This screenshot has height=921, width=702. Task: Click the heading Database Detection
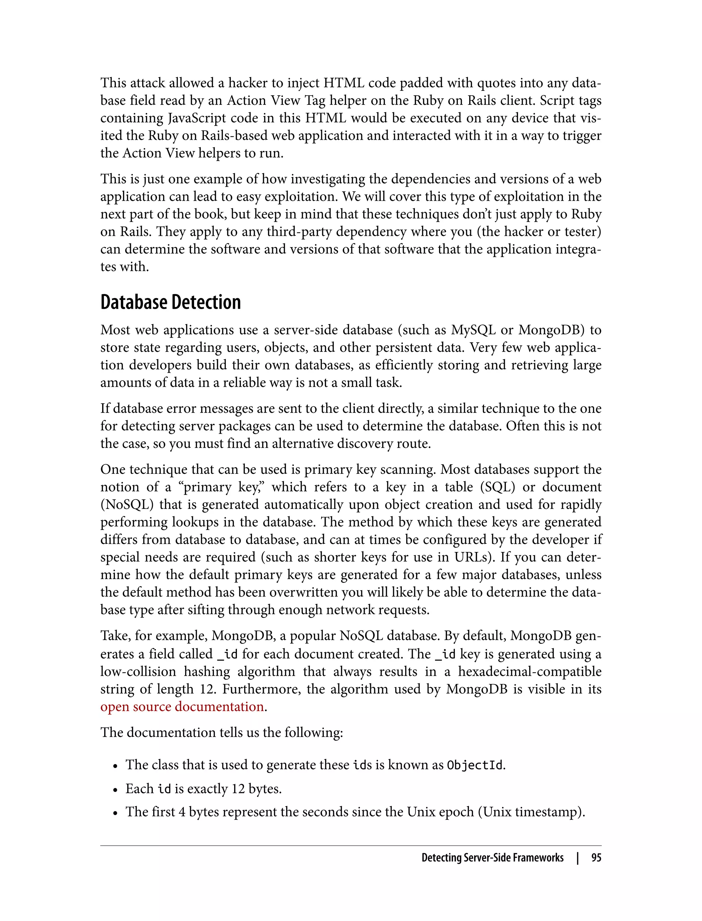(170, 303)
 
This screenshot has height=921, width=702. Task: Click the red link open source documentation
(182, 707)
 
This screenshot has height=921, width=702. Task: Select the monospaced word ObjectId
(475, 765)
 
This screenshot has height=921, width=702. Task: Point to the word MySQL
(473, 330)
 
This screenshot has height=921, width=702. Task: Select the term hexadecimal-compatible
(530, 672)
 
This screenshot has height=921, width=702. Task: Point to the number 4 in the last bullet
(182, 812)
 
